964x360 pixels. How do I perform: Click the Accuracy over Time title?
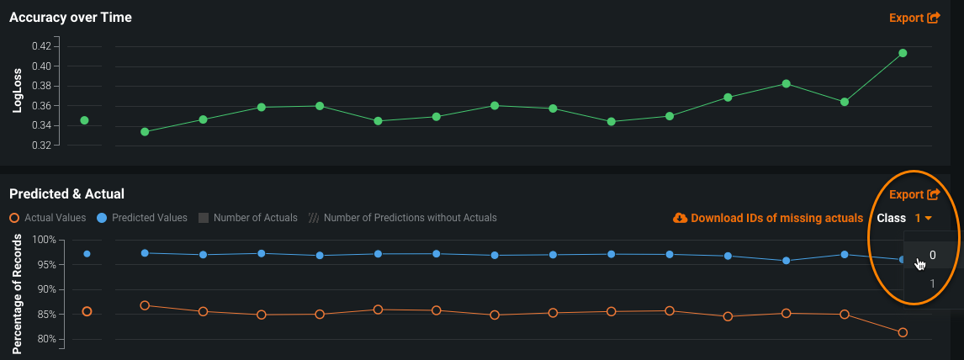pos(71,17)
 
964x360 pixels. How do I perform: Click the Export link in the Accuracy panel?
pos(914,17)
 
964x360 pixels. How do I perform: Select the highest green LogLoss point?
pos(903,53)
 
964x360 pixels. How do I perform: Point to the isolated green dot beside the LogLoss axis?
pos(84,120)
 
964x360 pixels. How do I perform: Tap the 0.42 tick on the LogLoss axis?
pos(40,46)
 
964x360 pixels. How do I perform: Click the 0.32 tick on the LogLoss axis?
pos(40,146)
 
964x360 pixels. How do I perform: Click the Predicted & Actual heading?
pos(66,194)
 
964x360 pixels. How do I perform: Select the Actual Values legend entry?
pos(49,218)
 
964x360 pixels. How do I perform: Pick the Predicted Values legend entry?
pos(142,218)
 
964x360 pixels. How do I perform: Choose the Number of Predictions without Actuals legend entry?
pos(403,218)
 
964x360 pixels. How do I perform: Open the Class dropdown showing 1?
pos(923,218)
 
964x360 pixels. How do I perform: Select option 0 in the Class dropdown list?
pos(933,255)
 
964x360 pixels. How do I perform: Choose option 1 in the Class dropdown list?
pos(933,283)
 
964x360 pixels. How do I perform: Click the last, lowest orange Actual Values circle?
pos(903,332)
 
